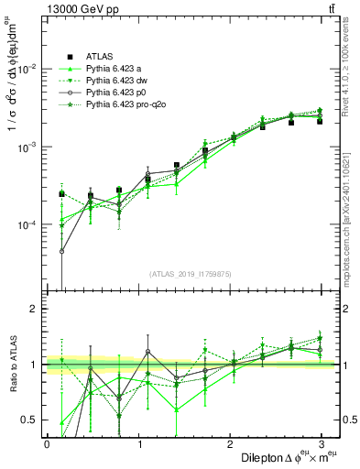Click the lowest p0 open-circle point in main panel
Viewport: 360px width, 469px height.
tap(62, 251)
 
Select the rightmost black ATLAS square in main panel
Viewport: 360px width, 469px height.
tap(320, 121)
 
